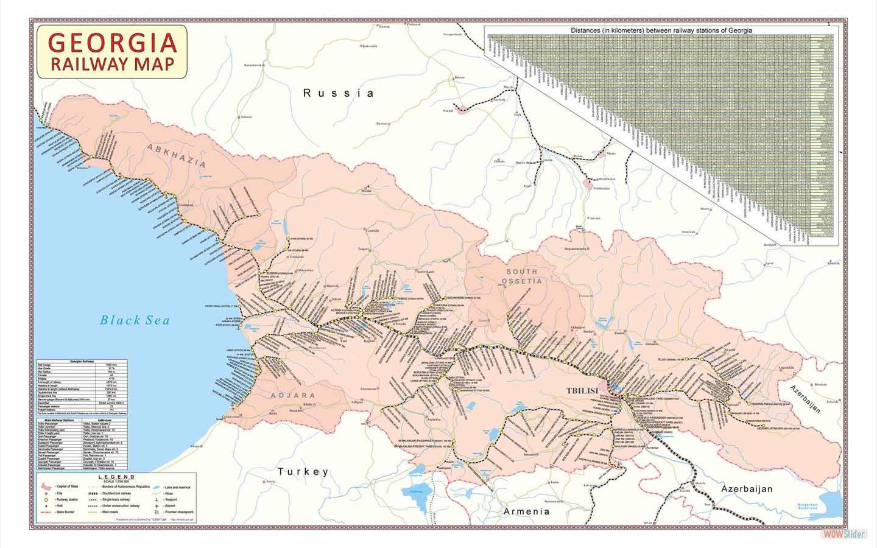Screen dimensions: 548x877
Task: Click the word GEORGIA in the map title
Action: (112, 43)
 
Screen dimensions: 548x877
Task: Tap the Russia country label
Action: (339, 93)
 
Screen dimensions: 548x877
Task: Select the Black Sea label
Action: (135, 320)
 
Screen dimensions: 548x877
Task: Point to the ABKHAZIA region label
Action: (176, 156)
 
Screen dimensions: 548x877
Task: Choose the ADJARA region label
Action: (293, 395)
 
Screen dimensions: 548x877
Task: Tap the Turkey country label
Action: (303, 471)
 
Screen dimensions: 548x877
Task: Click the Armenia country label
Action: (526, 511)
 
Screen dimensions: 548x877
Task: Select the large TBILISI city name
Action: (582, 391)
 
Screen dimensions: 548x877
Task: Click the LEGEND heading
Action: (116, 477)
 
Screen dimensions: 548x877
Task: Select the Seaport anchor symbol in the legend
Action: (157, 499)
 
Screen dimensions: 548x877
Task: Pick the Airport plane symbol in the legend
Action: (157, 506)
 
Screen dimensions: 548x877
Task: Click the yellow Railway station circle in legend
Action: (46, 499)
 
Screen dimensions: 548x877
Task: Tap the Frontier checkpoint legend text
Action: (178, 512)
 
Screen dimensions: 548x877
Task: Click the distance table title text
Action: (661, 30)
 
